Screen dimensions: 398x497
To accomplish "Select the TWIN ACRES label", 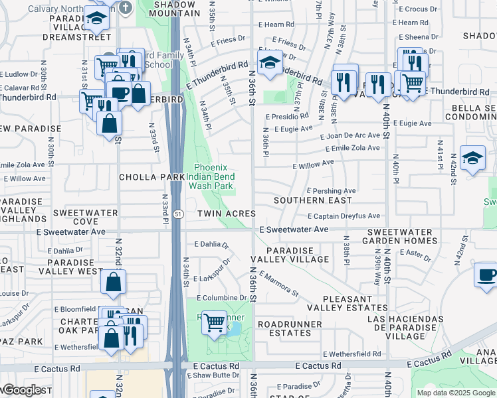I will pos(227,214).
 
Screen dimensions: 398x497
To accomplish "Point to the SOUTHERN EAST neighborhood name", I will pos(313,200).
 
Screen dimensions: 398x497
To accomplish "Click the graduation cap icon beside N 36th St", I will pos(270,64).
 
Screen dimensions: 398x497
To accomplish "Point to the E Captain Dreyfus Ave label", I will pos(344,216).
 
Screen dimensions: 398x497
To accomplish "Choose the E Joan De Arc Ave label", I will pos(349,135).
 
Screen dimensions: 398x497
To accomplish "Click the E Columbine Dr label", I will pos(221,298).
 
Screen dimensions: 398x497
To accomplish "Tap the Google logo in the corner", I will pos(22,391).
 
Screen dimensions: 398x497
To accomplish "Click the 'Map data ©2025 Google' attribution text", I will pos(455,393).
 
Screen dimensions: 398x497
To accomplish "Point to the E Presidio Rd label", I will pos(286,117).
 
